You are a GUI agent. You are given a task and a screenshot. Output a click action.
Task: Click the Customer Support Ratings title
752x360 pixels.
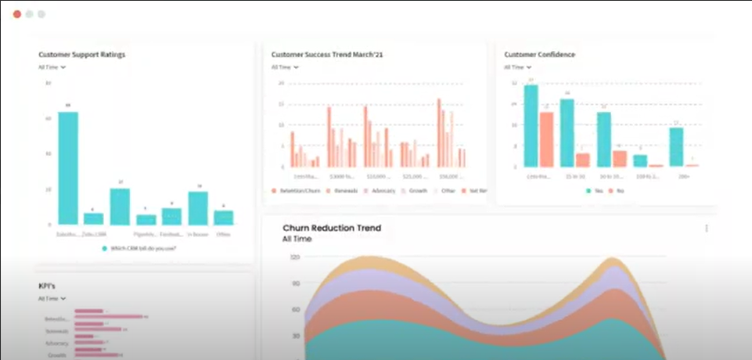tap(82, 55)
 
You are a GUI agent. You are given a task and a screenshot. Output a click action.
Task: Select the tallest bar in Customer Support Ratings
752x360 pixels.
tap(68, 167)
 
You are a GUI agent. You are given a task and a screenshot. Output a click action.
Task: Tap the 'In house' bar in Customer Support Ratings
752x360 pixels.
tap(198, 207)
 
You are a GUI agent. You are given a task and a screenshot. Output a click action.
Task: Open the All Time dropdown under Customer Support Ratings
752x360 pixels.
tap(52, 67)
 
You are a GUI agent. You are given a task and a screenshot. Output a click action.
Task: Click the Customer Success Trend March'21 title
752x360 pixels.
tap(326, 55)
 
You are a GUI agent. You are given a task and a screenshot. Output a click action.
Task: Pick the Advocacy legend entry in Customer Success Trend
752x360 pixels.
tap(380, 191)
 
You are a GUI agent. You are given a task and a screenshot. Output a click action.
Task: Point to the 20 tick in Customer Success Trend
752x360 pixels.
tap(280, 82)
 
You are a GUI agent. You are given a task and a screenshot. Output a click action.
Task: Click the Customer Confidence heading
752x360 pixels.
tap(540, 55)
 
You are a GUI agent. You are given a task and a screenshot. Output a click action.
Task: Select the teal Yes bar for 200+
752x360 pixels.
tap(676, 147)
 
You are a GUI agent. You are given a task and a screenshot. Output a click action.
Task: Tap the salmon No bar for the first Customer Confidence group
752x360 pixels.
tap(546, 139)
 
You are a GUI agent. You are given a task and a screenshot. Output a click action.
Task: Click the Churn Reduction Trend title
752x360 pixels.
tap(332, 229)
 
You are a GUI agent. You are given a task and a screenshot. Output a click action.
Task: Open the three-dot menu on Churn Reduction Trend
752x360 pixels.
tap(707, 229)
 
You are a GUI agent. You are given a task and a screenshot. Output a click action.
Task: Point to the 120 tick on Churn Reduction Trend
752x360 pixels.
tap(296, 257)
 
